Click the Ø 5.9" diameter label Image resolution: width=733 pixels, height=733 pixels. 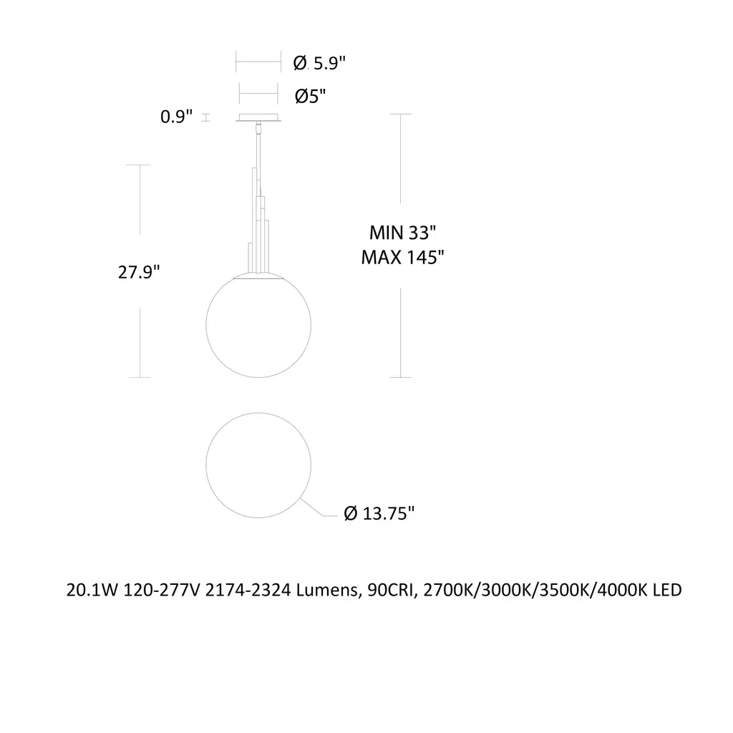[319, 63]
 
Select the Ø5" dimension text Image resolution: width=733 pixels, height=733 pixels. [310, 97]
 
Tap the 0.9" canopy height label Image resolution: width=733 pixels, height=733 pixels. [176, 117]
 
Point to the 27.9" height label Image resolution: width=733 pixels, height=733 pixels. [139, 271]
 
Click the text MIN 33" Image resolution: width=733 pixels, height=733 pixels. [402, 233]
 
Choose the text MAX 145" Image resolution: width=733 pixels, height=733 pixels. [402, 257]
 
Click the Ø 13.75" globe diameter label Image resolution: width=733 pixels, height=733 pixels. [379, 513]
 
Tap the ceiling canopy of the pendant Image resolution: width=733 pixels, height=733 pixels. [258, 118]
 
